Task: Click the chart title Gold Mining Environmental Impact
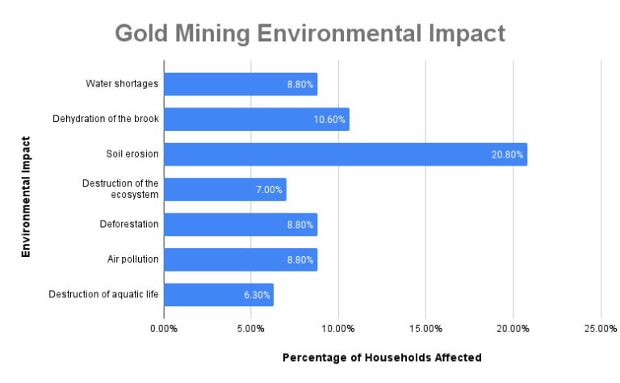point(310,33)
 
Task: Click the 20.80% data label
point(507,154)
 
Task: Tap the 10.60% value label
point(329,120)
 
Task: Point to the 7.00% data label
point(269,190)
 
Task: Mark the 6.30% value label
point(257,295)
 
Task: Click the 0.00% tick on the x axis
point(164,329)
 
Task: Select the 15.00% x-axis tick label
point(425,329)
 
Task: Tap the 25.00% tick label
point(600,329)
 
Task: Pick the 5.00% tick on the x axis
point(251,329)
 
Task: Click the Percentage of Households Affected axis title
point(382,357)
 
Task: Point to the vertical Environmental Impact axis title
point(26,196)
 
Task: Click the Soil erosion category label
point(132,154)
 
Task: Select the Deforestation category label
point(129,225)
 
